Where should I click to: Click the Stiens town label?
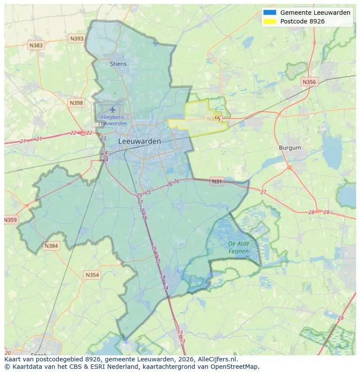(118, 64)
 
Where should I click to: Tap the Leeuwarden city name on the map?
(140, 142)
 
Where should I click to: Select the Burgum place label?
(290, 148)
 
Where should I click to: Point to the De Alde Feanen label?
(239, 248)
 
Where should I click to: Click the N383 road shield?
(36, 45)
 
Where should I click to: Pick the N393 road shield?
(77, 39)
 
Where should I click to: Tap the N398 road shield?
(76, 103)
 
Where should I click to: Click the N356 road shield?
(309, 82)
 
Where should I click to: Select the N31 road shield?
(216, 182)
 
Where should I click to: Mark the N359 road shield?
(10, 220)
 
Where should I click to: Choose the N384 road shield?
(51, 246)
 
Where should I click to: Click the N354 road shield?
(92, 275)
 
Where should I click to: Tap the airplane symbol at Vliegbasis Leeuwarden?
(113, 109)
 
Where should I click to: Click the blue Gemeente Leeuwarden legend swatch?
(270, 13)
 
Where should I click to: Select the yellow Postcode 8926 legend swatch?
(270, 21)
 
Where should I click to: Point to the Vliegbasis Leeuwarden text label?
(113, 120)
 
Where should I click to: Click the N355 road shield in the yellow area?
(213, 119)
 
